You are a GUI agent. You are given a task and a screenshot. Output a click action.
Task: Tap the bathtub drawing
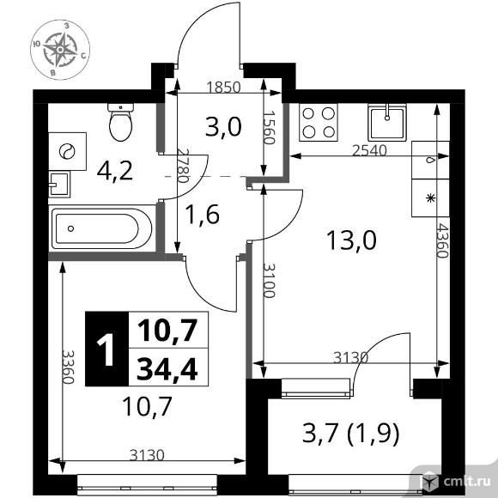(x=101, y=228)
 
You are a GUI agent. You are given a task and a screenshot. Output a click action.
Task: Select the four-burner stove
(x=319, y=122)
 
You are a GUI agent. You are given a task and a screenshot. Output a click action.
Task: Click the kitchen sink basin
(x=387, y=122)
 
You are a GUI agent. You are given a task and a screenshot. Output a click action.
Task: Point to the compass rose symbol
(x=60, y=50)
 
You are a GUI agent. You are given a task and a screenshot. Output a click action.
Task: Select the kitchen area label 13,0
(x=351, y=240)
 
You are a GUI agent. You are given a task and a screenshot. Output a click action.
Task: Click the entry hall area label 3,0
(x=223, y=127)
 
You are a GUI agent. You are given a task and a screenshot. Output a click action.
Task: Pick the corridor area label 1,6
(x=203, y=215)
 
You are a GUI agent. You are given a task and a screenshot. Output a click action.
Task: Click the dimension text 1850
(x=223, y=87)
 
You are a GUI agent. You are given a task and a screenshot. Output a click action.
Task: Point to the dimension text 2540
(x=369, y=150)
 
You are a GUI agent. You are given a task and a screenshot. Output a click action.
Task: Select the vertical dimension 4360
(x=441, y=240)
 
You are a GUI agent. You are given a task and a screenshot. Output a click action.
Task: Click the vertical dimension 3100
(x=269, y=281)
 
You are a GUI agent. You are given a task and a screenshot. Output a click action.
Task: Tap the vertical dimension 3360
(x=68, y=367)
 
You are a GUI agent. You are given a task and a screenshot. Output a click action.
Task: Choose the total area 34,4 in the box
(x=167, y=368)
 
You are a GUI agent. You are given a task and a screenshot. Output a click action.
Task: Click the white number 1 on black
(x=106, y=349)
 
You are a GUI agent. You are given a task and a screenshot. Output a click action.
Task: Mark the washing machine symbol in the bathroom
(x=67, y=151)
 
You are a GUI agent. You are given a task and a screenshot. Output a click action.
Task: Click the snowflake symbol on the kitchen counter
(x=430, y=198)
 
